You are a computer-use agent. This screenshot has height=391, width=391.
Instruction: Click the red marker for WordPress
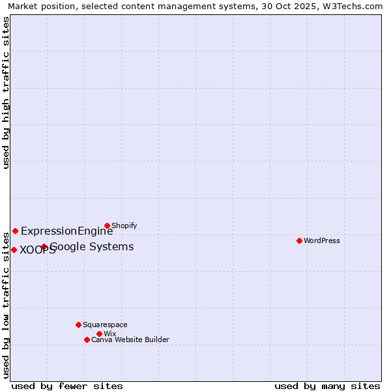[299, 240]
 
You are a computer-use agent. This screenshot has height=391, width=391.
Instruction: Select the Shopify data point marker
[107, 225]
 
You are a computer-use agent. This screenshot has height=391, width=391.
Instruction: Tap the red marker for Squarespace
[78, 325]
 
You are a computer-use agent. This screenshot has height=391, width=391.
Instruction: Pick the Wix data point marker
[99, 334]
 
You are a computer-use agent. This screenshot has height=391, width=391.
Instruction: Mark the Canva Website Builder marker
[87, 340]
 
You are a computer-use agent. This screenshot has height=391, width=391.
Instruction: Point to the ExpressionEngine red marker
[15, 231]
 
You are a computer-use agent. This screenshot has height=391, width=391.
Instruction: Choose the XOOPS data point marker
[14, 250]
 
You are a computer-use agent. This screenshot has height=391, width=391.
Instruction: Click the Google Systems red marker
[44, 246]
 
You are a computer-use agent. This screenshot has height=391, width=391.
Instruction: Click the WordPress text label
[322, 240]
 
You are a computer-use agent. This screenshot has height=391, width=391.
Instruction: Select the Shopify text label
[124, 225]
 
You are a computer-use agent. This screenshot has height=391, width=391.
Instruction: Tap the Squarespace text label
[105, 325]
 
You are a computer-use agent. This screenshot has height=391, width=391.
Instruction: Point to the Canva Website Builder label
[130, 340]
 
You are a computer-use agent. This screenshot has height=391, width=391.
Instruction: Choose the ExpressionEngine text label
[66, 231]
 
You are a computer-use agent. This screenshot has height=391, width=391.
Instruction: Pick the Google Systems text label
[92, 246]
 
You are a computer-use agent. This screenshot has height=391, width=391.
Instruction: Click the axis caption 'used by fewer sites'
[67, 386]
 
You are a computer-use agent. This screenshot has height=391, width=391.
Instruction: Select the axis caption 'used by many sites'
[327, 386]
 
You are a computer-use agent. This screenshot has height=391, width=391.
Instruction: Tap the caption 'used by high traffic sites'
[7, 93]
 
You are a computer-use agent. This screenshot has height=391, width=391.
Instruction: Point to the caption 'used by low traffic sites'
[7, 305]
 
